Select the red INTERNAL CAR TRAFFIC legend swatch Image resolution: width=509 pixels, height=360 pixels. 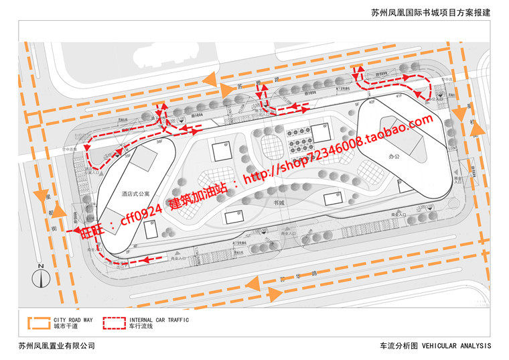pos(115,324)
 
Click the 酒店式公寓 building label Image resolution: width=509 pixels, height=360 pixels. pos(136,192)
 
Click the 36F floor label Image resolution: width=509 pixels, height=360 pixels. pos(159,143)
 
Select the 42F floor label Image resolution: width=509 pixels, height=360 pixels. pos(371,103)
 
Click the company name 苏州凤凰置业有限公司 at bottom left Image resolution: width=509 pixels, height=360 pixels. pos(57,346)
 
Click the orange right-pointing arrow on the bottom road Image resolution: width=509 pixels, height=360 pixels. pos(275,294)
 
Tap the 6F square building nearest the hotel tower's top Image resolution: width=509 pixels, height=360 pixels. pos(220,152)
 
